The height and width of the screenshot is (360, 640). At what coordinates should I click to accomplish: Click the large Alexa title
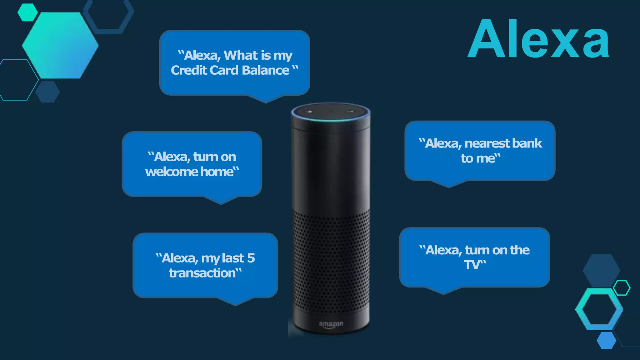point(538,39)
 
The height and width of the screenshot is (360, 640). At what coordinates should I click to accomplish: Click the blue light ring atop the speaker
point(331,119)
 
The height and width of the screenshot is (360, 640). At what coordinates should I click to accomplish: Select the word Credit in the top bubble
point(189,70)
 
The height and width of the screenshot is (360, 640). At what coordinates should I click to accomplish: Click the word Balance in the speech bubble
point(266,70)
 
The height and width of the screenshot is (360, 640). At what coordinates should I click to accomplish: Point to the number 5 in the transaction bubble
point(251,258)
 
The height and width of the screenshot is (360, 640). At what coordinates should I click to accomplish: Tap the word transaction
point(202,273)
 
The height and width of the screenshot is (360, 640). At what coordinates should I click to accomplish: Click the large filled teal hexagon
point(60,45)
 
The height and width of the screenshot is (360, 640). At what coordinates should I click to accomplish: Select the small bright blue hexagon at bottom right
point(606,340)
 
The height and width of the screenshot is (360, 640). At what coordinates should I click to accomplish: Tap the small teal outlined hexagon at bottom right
point(622,288)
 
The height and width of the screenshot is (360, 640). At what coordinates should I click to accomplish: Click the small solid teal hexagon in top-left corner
point(27,12)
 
